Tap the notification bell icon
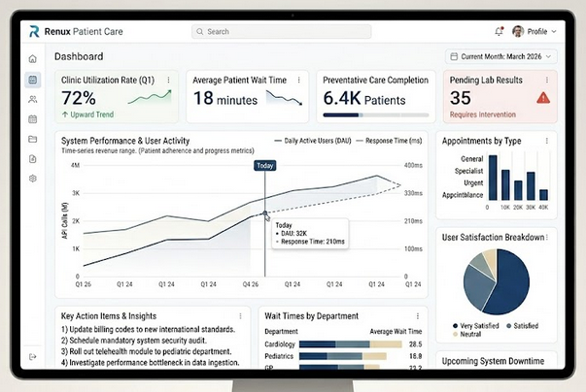(500, 31)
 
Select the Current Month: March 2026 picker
(500, 57)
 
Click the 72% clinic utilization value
(79, 98)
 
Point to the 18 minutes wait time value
(224, 98)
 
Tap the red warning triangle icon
(542, 97)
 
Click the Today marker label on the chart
(264, 165)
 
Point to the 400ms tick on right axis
(413, 165)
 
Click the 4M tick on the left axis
(75, 165)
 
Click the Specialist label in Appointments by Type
(468, 169)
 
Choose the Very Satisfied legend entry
(479, 325)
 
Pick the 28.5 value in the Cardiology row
(415, 344)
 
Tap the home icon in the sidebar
(33, 58)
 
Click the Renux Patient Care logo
(77, 31)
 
